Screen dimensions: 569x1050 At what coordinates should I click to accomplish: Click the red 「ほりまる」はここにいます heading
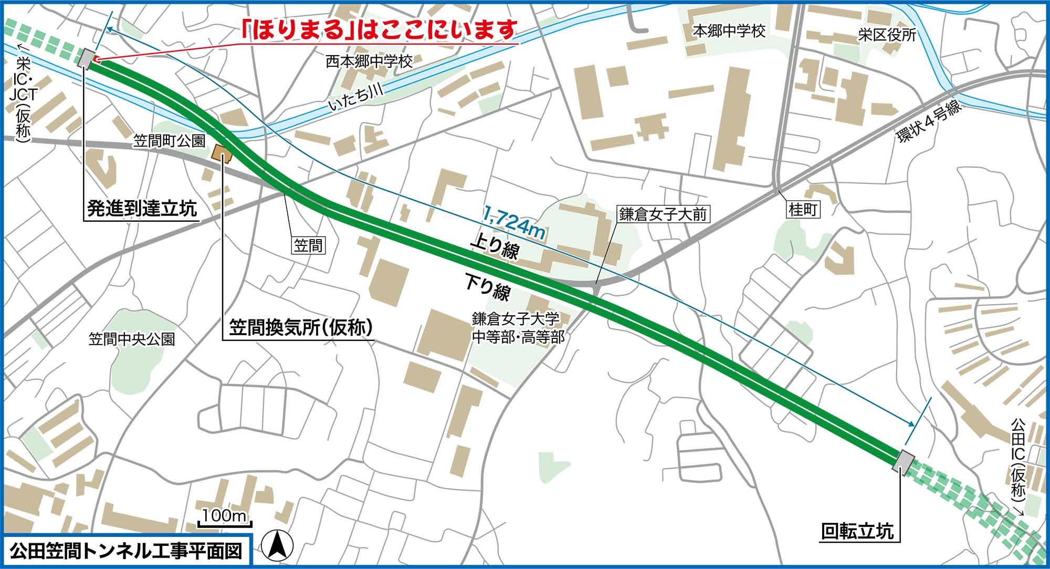pos(379,30)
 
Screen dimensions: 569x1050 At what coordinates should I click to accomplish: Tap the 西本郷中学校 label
pos(369,62)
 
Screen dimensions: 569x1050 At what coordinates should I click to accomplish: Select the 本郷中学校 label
pos(729,32)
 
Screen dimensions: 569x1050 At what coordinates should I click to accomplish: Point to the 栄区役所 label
pos(887,35)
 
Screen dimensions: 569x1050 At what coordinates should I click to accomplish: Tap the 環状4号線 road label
pos(929,121)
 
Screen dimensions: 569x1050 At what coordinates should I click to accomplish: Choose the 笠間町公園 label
pos(169,141)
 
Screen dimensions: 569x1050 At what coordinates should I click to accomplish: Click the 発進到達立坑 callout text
pos(142,209)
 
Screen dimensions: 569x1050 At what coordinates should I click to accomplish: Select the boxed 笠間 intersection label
pos(308,245)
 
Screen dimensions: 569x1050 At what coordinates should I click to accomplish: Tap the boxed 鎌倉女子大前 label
pos(663,214)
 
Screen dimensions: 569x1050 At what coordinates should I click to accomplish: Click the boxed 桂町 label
pos(803,210)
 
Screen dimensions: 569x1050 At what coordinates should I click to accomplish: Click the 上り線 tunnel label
pos(495,247)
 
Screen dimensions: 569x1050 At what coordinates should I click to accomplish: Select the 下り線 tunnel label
pos(487,286)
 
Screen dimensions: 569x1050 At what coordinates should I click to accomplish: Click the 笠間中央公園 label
pos(131,339)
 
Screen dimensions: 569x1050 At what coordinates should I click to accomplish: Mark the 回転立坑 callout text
pos(857,532)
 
